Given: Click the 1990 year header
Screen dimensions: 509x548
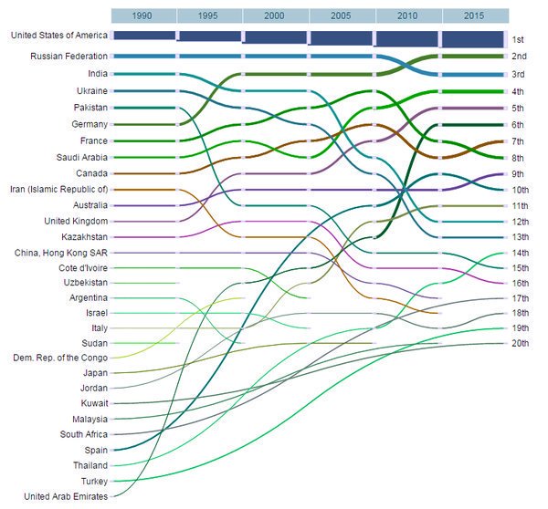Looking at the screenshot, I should (142, 16).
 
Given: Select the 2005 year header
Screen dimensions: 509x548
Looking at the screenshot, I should (341, 16).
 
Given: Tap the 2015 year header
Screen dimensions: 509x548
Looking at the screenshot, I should (474, 16).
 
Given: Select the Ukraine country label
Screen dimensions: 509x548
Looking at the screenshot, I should (92, 91).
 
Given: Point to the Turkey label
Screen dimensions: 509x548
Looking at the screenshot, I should (94, 481).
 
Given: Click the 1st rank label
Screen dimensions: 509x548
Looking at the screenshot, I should (517, 40).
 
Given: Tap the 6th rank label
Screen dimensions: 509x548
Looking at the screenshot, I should (518, 125).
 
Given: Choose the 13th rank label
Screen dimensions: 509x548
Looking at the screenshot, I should (519, 237).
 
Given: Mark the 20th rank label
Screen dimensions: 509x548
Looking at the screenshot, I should (519, 343).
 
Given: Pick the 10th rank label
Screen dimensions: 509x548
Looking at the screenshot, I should (519, 190).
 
